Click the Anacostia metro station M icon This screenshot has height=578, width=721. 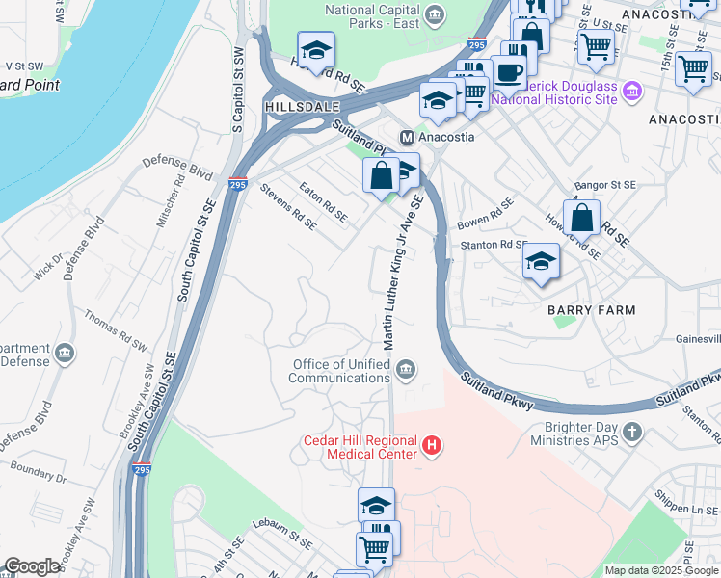coord(407,137)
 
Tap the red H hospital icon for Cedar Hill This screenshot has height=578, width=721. coord(433,446)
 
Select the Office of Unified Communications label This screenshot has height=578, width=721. coord(347,371)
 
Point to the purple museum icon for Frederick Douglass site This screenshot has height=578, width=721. coord(632,92)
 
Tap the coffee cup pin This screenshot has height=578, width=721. coord(508,70)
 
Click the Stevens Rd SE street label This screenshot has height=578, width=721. coord(288,208)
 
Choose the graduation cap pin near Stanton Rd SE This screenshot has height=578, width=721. coord(542,261)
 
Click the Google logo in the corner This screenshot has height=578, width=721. coord(32,566)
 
